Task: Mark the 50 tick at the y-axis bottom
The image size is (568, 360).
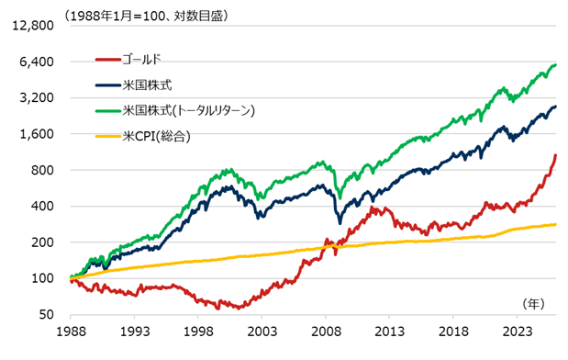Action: point(51,315)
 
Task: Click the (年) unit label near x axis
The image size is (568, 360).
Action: point(533,302)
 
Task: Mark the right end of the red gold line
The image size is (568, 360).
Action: point(556,155)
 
